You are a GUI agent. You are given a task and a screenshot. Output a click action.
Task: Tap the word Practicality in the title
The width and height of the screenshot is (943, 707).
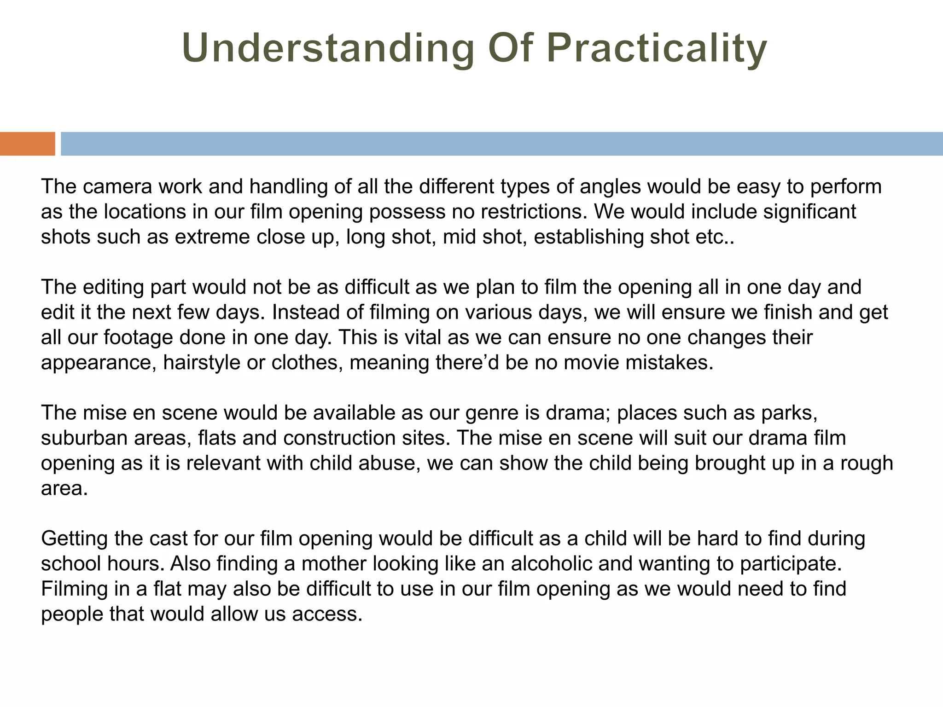click(657, 49)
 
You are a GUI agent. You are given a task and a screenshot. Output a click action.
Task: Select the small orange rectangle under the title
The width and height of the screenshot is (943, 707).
click(27, 144)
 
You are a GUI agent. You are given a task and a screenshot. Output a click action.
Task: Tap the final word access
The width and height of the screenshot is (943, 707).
click(327, 614)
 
